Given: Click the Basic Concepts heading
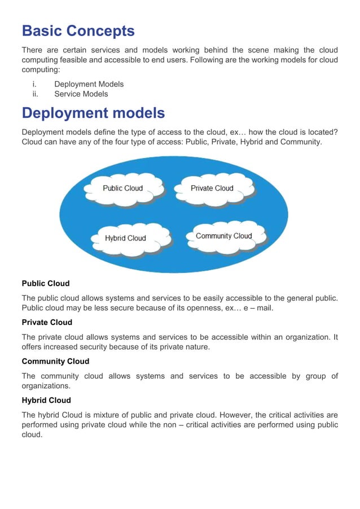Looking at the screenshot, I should coord(78,30).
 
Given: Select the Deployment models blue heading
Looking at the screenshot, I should coord(93,113).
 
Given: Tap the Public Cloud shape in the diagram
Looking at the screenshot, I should coord(122,188).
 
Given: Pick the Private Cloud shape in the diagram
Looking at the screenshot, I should coord(212,188).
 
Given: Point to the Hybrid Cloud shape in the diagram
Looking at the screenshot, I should coord(125,238).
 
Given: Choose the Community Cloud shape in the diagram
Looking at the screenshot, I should coord(223,236).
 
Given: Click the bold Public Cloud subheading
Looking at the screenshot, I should coord(46,283).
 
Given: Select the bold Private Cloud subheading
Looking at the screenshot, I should coord(47,322).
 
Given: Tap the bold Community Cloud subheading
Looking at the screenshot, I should coord(55,361).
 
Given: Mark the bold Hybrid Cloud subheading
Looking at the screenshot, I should coord(46,400).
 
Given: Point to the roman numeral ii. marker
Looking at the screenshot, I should coord(35,94).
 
